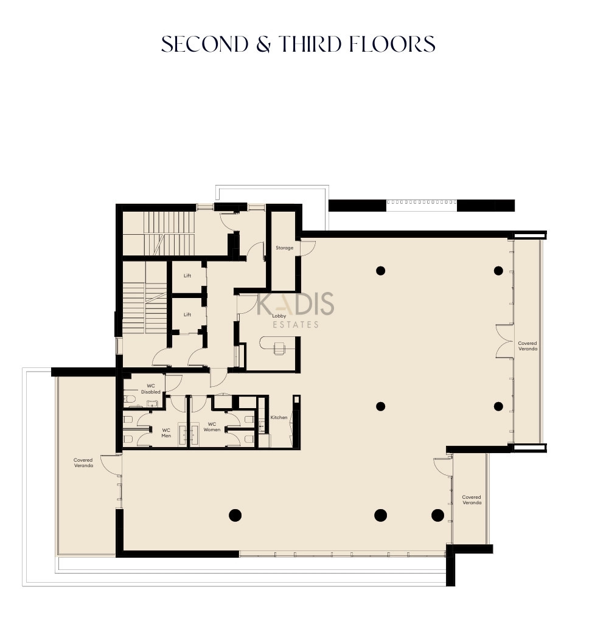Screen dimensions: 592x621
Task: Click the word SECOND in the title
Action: click(x=204, y=44)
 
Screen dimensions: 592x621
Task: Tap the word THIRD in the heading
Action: click(x=310, y=44)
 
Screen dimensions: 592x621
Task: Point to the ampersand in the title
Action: click(x=263, y=44)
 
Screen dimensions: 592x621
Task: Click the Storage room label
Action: click(x=285, y=248)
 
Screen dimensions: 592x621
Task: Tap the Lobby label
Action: click(x=279, y=316)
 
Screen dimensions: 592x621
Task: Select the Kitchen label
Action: click(x=279, y=417)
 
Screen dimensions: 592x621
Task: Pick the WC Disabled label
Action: click(x=151, y=389)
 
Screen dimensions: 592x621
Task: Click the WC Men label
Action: click(x=166, y=433)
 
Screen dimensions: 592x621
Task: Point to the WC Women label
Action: click(x=212, y=427)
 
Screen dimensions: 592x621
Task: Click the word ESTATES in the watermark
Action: click(x=296, y=325)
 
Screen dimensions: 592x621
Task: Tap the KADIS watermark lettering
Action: click(x=296, y=304)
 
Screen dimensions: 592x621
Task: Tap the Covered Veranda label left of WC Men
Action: click(x=83, y=463)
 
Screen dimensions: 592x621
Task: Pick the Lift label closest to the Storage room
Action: click(x=187, y=276)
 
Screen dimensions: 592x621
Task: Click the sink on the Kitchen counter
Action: click(x=262, y=426)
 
